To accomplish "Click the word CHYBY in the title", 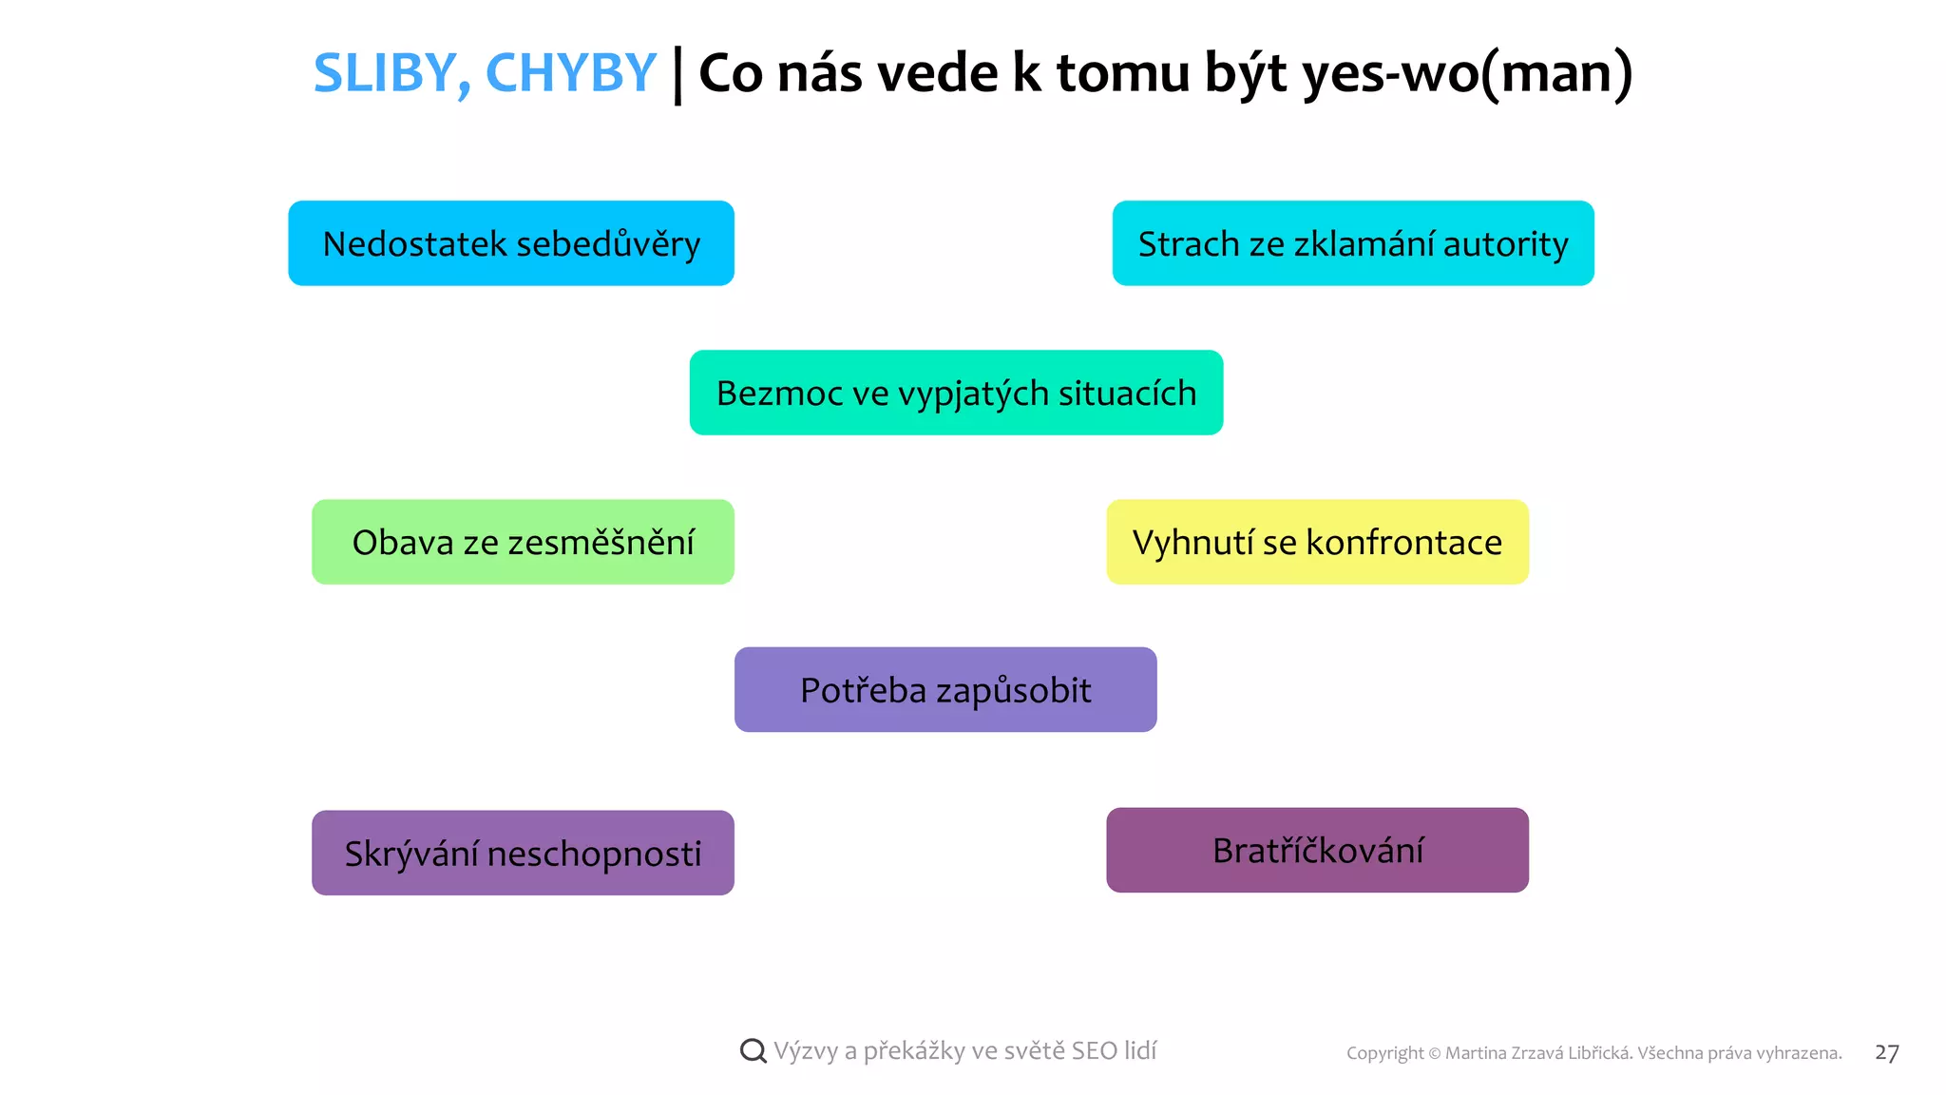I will [x=570, y=73].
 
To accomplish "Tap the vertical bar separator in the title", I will [x=677, y=75].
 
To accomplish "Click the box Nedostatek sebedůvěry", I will [x=511, y=243].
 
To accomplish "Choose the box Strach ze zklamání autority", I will [x=1353, y=243].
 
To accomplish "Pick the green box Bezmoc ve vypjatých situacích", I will [x=956, y=393].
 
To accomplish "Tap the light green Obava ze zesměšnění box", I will [x=523, y=542].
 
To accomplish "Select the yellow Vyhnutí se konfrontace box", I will [x=1317, y=542].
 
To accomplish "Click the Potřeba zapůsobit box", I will [x=945, y=690].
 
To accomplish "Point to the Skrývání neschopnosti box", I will [x=523, y=853].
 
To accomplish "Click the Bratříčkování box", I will [x=1317, y=850].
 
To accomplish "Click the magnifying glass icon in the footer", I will [x=753, y=1051].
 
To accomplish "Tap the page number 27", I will [x=1886, y=1052].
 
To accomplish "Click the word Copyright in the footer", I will [x=1384, y=1053].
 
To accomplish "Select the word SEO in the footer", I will [x=1094, y=1050].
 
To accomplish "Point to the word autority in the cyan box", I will [x=1505, y=244].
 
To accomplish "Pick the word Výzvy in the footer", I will [x=806, y=1051].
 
